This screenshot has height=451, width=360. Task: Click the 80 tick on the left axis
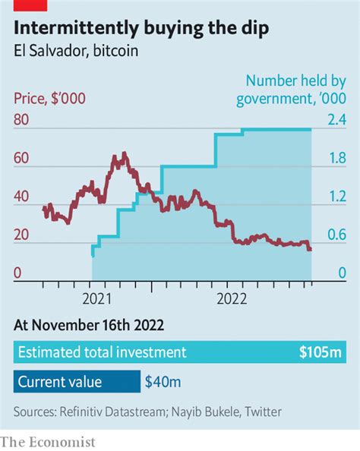pyautogui.click(x=23, y=120)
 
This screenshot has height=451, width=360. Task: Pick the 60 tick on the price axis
pyautogui.click(x=23, y=159)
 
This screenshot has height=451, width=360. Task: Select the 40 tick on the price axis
pyautogui.click(x=23, y=197)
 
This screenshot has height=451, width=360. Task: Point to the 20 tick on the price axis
pyautogui.click(x=23, y=235)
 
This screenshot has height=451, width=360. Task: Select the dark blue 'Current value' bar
pyautogui.click(x=77, y=382)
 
